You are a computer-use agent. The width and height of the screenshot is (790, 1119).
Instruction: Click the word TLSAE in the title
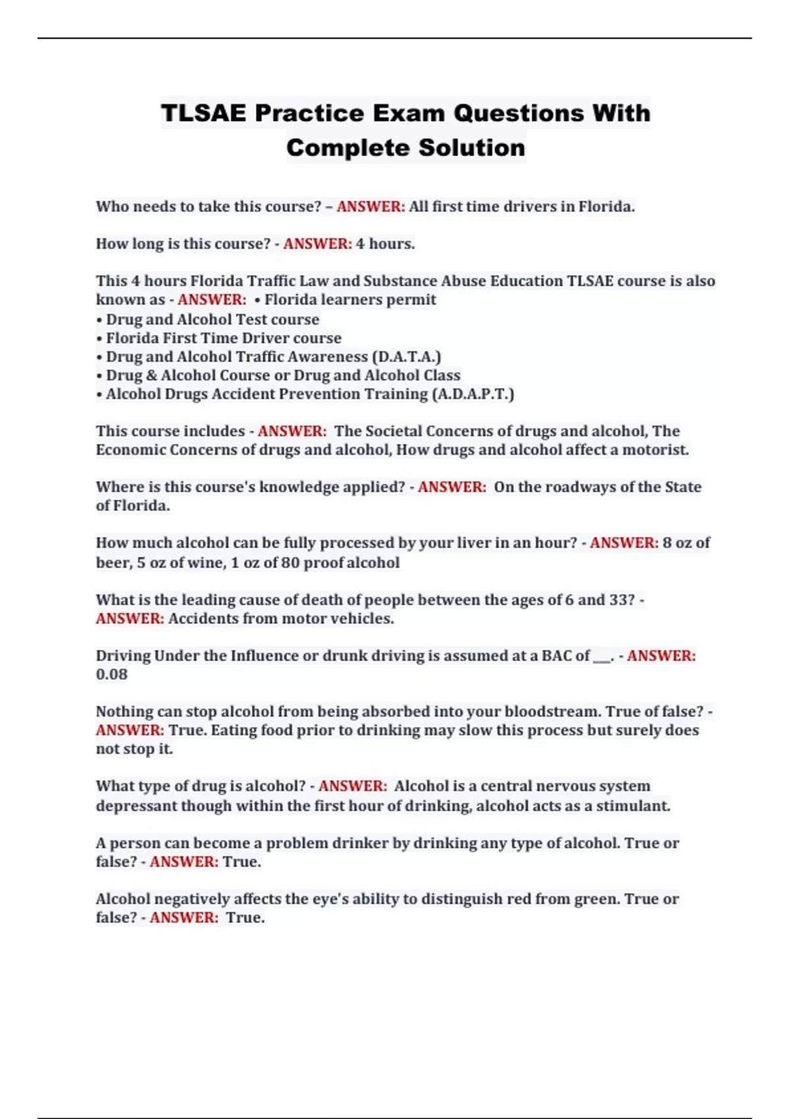pyautogui.click(x=203, y=113)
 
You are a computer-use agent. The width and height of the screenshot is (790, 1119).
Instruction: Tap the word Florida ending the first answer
pyautogui.click(x=606, y=207)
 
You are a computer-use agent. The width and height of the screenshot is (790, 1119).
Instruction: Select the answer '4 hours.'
pyautogui.click(x=385, y=244)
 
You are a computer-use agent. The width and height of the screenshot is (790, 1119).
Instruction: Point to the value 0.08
pyautogui.click(x=111, y=675)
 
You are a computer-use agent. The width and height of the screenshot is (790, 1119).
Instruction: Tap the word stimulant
pyautogui.click(x=633, y=806)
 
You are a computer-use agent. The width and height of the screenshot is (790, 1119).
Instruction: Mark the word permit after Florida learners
pyautogui.click(x=413, y=300)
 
